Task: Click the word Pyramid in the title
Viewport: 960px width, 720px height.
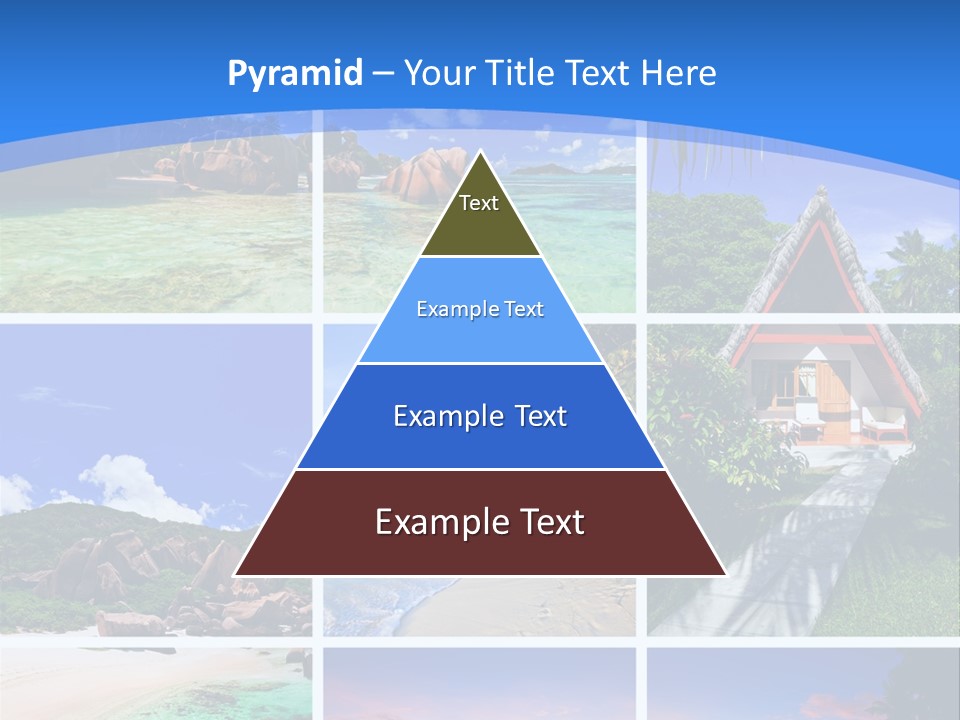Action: [295, 73]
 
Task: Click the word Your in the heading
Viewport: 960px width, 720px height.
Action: [439, 73]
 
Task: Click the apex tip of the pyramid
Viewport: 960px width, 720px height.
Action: [480, 153]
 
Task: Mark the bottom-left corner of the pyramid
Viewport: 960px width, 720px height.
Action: [236, 574]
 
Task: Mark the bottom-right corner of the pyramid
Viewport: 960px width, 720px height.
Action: [724, 574]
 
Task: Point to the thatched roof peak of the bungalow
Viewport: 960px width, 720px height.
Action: [821, 195]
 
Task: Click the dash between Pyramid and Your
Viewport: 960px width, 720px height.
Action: [383, 74]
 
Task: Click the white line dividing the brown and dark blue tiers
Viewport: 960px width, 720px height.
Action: [480, 469]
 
